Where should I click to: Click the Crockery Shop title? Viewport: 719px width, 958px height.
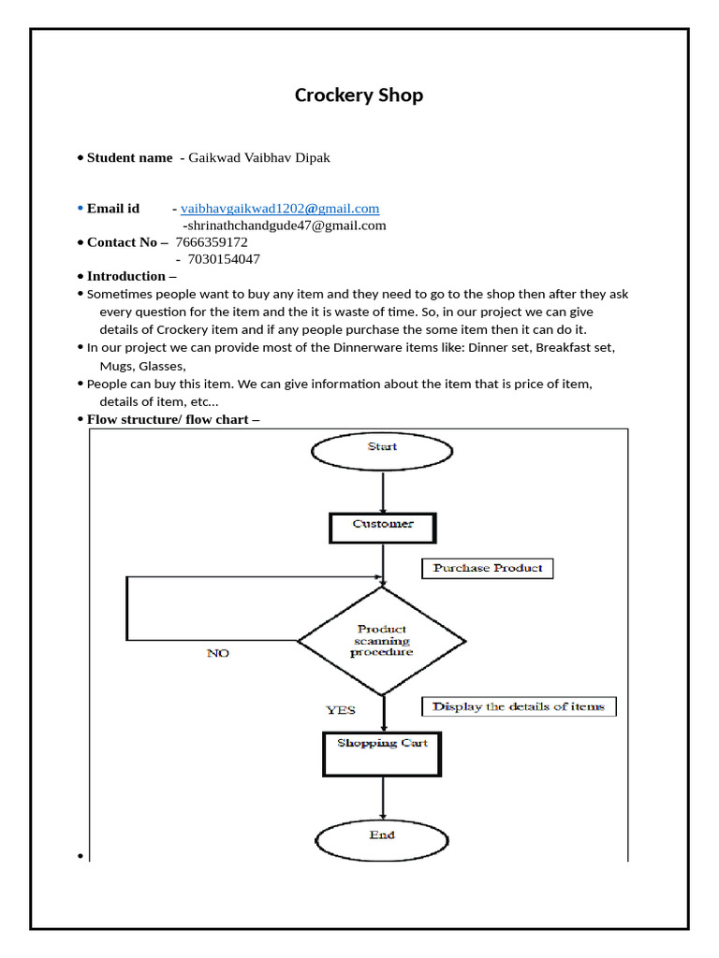click(x=359, y=95)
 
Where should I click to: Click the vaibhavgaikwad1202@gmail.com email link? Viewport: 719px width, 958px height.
click(x=280, y=209)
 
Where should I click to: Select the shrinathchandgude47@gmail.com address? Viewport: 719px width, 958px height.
click(x=285, y=225)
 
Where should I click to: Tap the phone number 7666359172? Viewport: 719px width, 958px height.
click(x=212, y=242)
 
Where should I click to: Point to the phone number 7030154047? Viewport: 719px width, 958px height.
click(x=224, y=259)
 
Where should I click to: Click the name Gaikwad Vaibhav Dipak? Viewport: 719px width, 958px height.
click(x=259, y=157)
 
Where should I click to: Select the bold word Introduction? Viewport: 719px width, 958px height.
click(x=125, y=276)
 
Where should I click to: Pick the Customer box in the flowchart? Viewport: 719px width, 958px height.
click(x=383, y=526)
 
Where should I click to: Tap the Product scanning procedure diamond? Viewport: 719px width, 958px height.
click(x=381, y=641)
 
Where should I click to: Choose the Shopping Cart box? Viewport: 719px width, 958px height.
click(x=382, y=753)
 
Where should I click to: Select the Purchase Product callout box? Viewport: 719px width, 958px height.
click(x=488, y=568)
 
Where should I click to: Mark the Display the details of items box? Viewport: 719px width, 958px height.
click(x=519, y=707)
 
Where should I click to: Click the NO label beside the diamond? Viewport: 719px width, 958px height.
click(x=217, y=653)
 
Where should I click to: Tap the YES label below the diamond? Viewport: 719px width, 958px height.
click(x=341, y=710)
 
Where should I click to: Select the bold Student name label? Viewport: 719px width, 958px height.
click(x=129, y=157)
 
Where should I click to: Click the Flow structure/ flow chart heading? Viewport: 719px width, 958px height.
click(x=173, y=419)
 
